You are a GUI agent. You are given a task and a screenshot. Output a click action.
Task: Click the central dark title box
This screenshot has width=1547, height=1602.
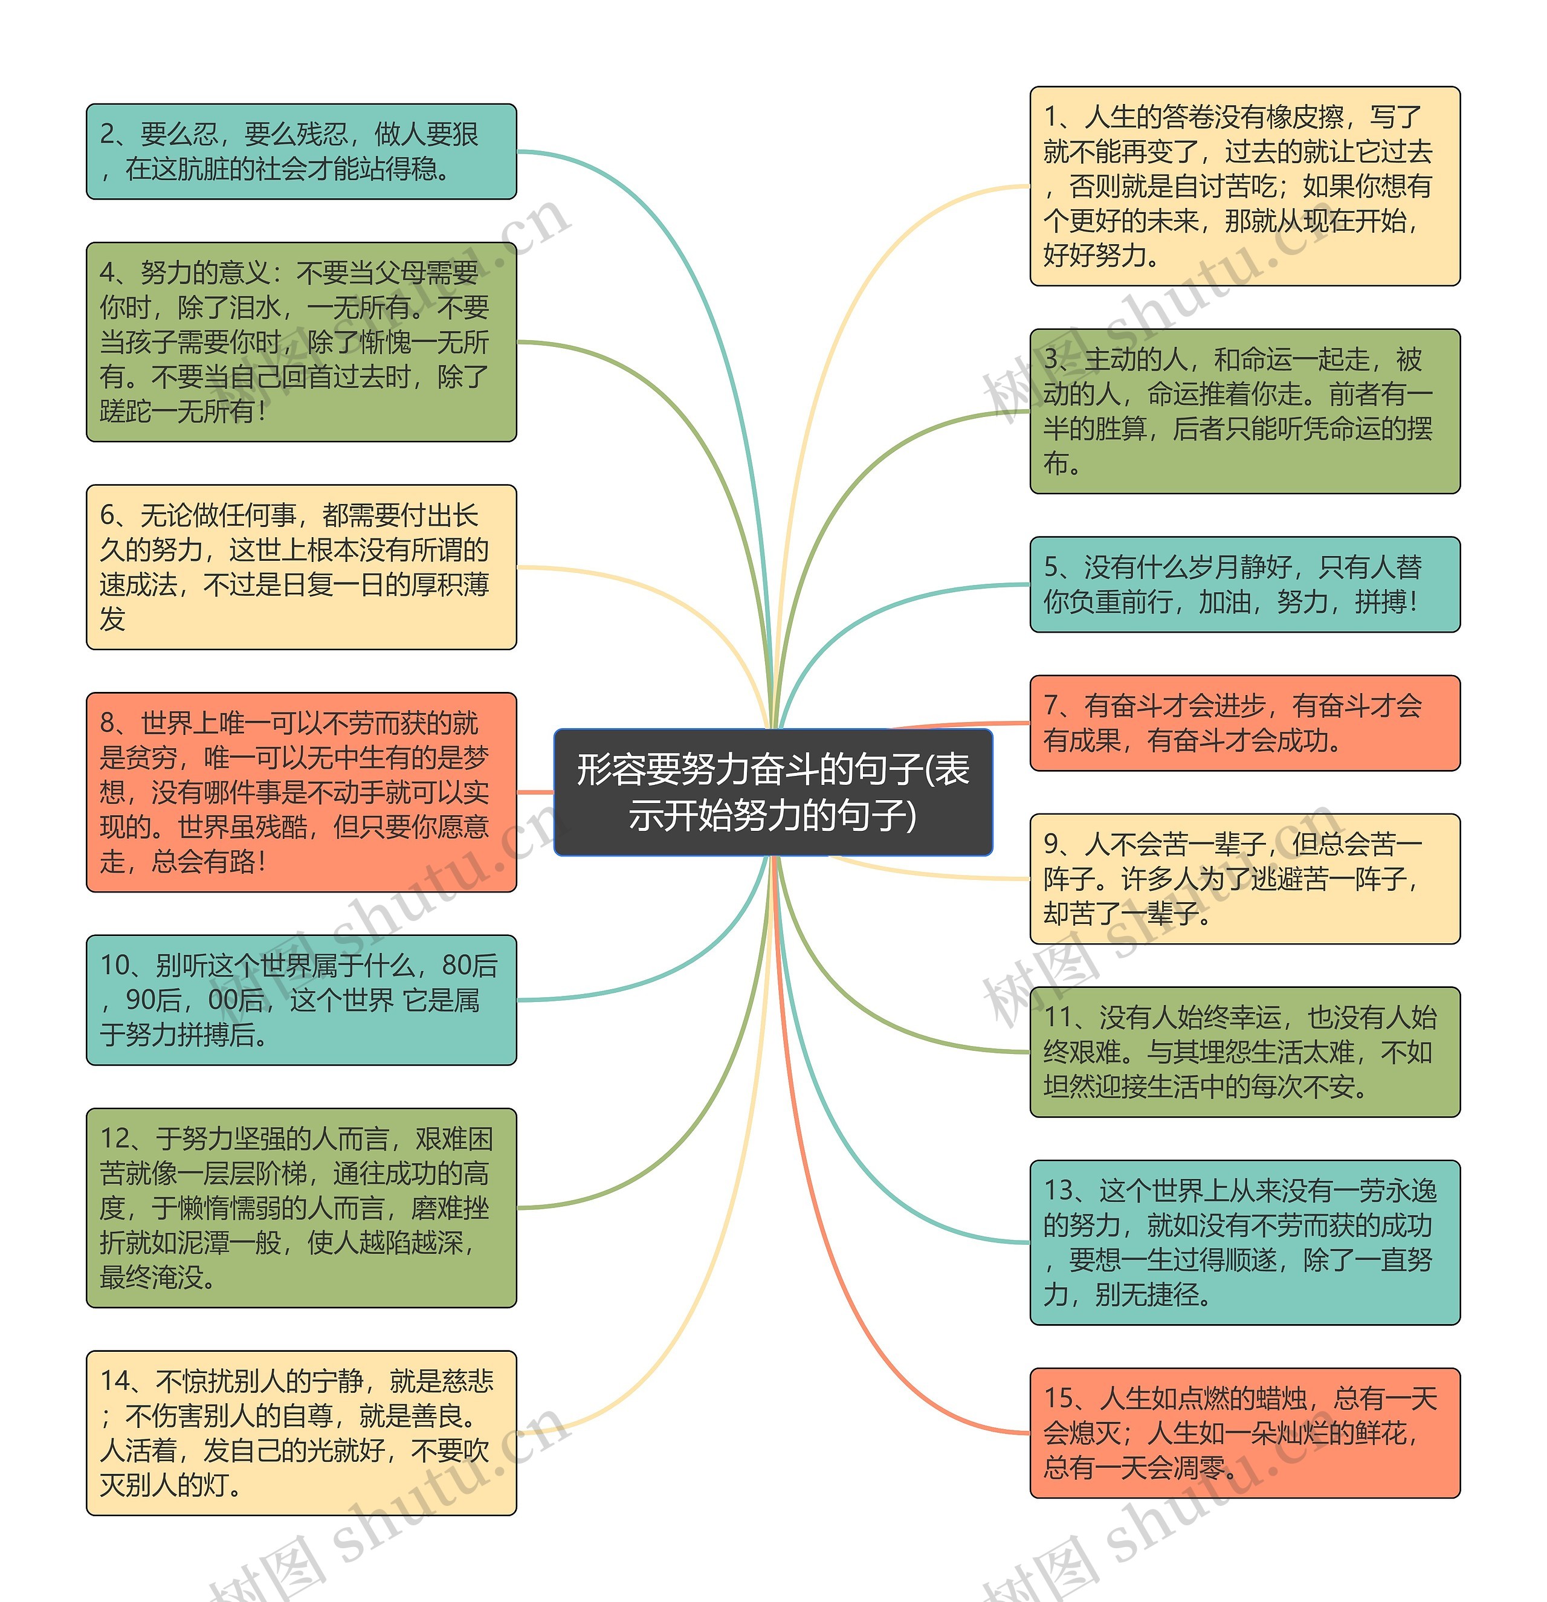(x=773, y=792)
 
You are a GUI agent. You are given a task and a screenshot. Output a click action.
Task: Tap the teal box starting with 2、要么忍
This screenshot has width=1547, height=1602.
(x=301, y=151)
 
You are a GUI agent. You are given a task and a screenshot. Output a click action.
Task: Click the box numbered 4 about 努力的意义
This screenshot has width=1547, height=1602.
(x=301, y=341)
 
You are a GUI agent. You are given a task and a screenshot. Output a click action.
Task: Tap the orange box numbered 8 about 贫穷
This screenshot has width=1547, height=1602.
(x=301, y=792)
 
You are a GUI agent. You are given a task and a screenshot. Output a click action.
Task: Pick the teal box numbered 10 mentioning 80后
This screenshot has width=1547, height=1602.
(x=301, y=1000)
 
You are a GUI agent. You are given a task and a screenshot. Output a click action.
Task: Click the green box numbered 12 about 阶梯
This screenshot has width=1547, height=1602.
(x=301, y=1207)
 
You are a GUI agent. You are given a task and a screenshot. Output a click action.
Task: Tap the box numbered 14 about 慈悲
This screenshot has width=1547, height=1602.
(x=301, y=1433)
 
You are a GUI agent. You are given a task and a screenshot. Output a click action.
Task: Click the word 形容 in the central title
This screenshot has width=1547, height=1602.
(x=602, y=769)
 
